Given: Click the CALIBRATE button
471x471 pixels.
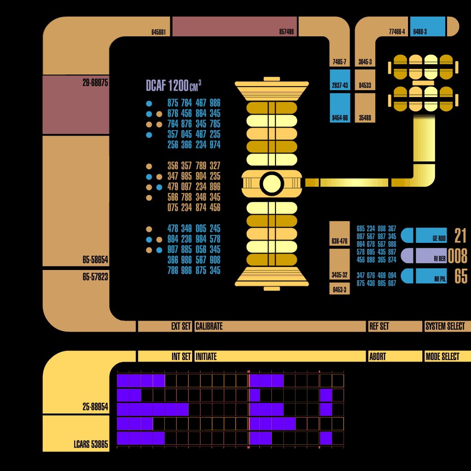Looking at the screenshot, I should click(280, 326).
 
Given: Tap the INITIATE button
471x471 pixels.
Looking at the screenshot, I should click(280, 356).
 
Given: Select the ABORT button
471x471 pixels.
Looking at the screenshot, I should click(395, 356).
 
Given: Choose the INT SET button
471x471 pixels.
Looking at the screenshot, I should click(165, 356).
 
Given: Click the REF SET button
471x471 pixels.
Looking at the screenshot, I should click(395, 326).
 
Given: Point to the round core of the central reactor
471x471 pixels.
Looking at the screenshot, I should click(271, 183).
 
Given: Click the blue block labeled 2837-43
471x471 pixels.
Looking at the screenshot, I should click(340, 80).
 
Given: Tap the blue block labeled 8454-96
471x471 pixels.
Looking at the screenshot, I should click(340, 108).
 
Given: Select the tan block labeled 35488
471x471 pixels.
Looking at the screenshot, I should click(365, 108).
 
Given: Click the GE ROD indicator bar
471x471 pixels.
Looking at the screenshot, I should click(431, 235).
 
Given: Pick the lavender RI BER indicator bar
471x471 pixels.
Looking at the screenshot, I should click(431, 256).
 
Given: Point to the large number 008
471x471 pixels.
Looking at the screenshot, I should click(457, 256).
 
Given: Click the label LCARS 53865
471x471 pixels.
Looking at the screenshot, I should click(91, 445).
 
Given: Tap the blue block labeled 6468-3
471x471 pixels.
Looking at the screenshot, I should click(427, 26).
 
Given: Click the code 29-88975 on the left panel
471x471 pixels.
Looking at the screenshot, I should click(95, 84).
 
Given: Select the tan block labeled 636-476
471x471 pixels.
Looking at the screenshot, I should click(339, 233).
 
